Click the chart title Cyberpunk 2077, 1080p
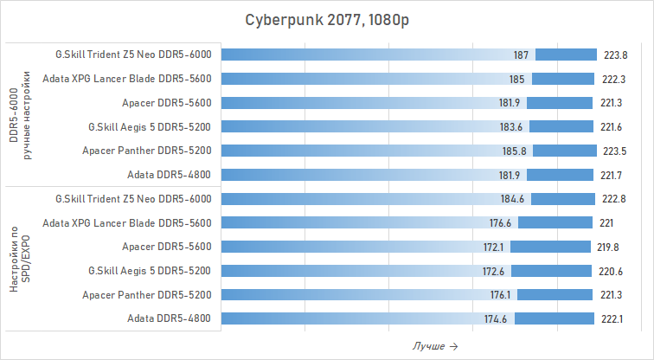click(x=326, y=20)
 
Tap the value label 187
click(x=521, y=55)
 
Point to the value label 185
click(x=516, y=79)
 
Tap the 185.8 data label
click(x=517, y=151)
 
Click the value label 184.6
click(x=514, y=198)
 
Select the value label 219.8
click(x=609, y=247)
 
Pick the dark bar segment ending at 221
click(x=551, y=222)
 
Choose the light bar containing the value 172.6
click(x=346, y=271)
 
